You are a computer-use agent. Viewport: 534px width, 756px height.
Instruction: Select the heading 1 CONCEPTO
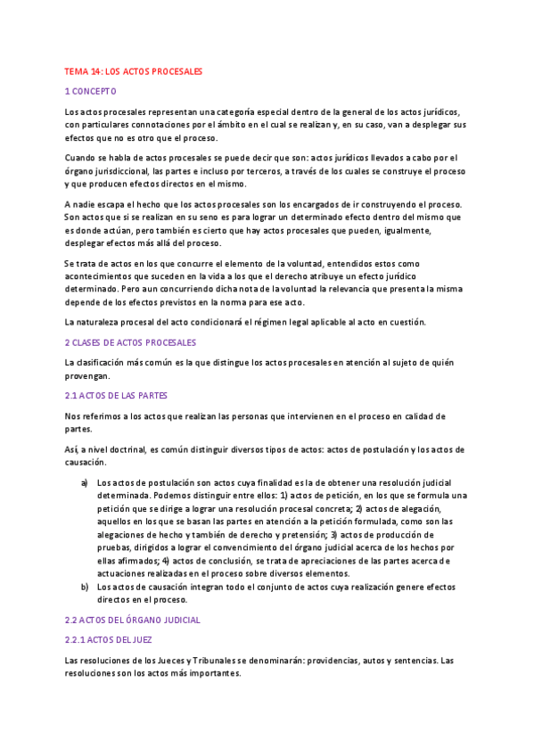[90, 91]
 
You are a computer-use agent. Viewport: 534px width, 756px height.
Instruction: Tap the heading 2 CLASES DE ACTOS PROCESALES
[130, 342]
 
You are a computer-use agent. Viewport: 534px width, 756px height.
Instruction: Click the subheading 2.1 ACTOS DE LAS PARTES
[116, 396]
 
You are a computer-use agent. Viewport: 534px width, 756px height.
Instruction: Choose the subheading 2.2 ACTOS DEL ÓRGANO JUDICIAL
[132, 620]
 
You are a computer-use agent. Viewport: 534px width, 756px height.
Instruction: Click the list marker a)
[84, 482]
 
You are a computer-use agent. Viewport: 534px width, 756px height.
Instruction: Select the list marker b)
[84, 587]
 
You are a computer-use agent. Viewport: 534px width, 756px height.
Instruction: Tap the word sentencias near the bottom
[420, 661]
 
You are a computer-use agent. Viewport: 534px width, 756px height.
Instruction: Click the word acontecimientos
[103, 276]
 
